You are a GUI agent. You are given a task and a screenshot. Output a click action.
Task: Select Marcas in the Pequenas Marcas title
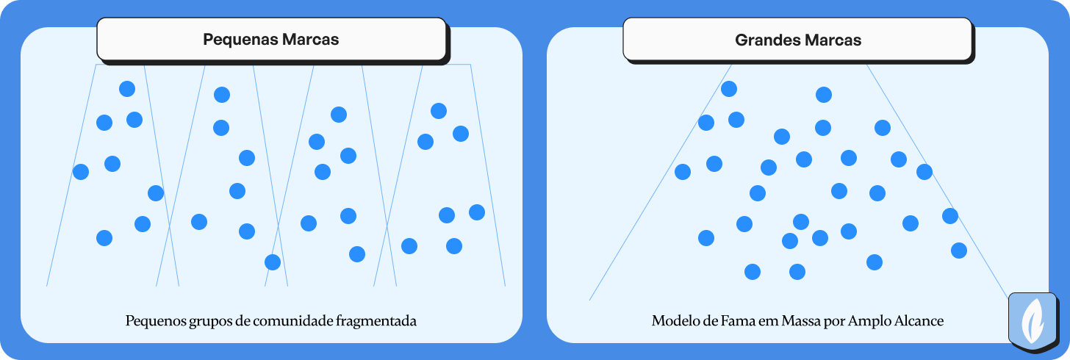click(x=311, y=40)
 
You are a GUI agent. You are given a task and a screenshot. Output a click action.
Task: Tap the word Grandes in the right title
click(x=767, y=40)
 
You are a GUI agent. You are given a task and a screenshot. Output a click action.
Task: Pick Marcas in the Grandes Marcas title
click(x=833, y=40)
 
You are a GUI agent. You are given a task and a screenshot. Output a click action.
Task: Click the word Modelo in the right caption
click(x=673, y=321)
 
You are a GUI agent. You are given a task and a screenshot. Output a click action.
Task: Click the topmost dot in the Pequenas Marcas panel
click(x=127, y=89)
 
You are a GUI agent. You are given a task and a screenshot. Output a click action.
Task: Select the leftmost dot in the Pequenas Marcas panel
click(x=81, y=172)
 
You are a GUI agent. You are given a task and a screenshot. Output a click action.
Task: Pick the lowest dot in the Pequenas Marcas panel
click(x=273, y=262)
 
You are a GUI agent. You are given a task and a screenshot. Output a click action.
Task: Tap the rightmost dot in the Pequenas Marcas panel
click(x=477, y=212)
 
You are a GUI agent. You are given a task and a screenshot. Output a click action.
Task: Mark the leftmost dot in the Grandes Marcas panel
click(x=683, y=172)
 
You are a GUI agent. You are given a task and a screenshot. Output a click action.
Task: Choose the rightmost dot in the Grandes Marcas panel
click(x=959, y=251)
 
